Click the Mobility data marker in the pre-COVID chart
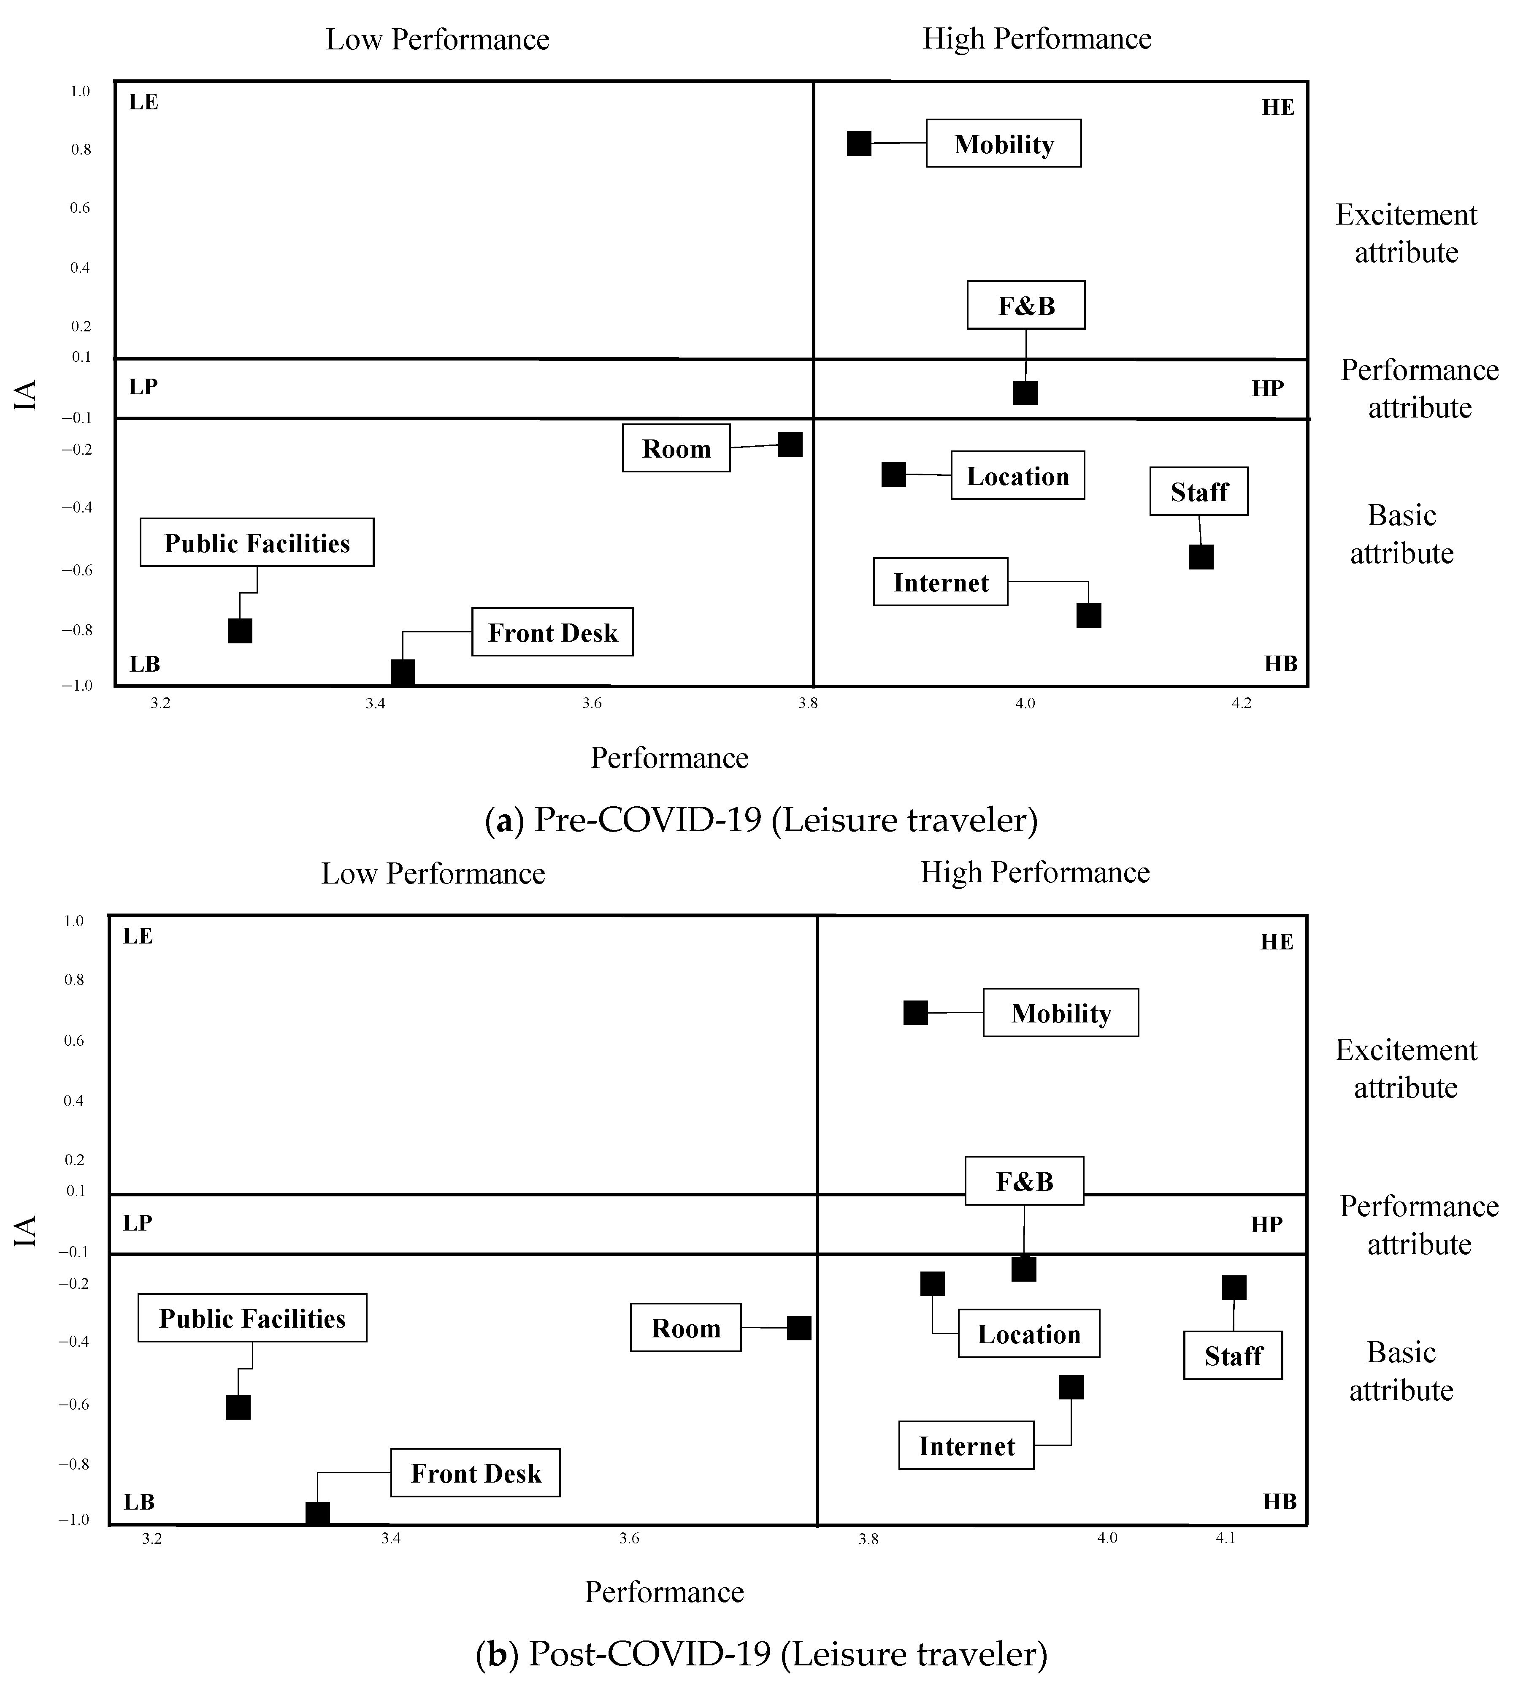click(859, 143)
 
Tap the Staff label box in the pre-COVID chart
click(1198, 491)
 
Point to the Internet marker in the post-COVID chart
click(1071, 1387)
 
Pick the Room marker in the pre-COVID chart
click(790, 445)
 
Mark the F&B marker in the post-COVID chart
click(1024, 1269)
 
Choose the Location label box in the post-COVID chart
click(1029, 1334)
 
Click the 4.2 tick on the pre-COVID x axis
click(1241, 704)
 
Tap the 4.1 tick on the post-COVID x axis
click(1226, 1538)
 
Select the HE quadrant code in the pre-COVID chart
click(1278, 107)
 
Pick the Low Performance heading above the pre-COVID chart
click(438, 39)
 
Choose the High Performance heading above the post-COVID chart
click(1035, 872)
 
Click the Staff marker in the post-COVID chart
click(1234, 1287)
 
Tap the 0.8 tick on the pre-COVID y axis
click(81, 150)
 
